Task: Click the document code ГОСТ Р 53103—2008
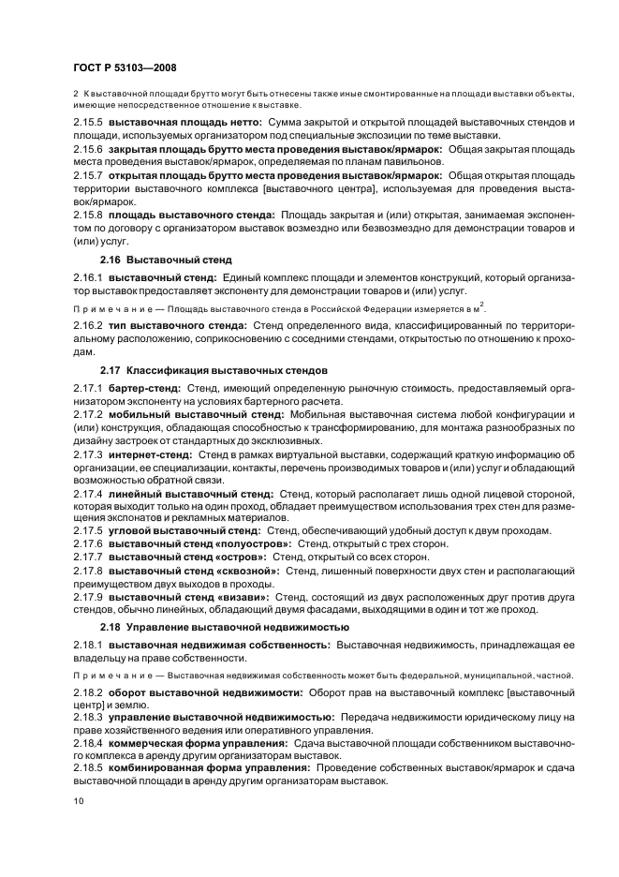pos(124,67)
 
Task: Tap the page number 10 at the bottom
pos(79,801)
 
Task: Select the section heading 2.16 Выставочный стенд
pos(166,259)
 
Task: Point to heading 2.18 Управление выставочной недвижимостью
pos(225,627)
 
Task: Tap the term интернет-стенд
pos(150,455)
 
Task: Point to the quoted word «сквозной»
pos(246,570)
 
